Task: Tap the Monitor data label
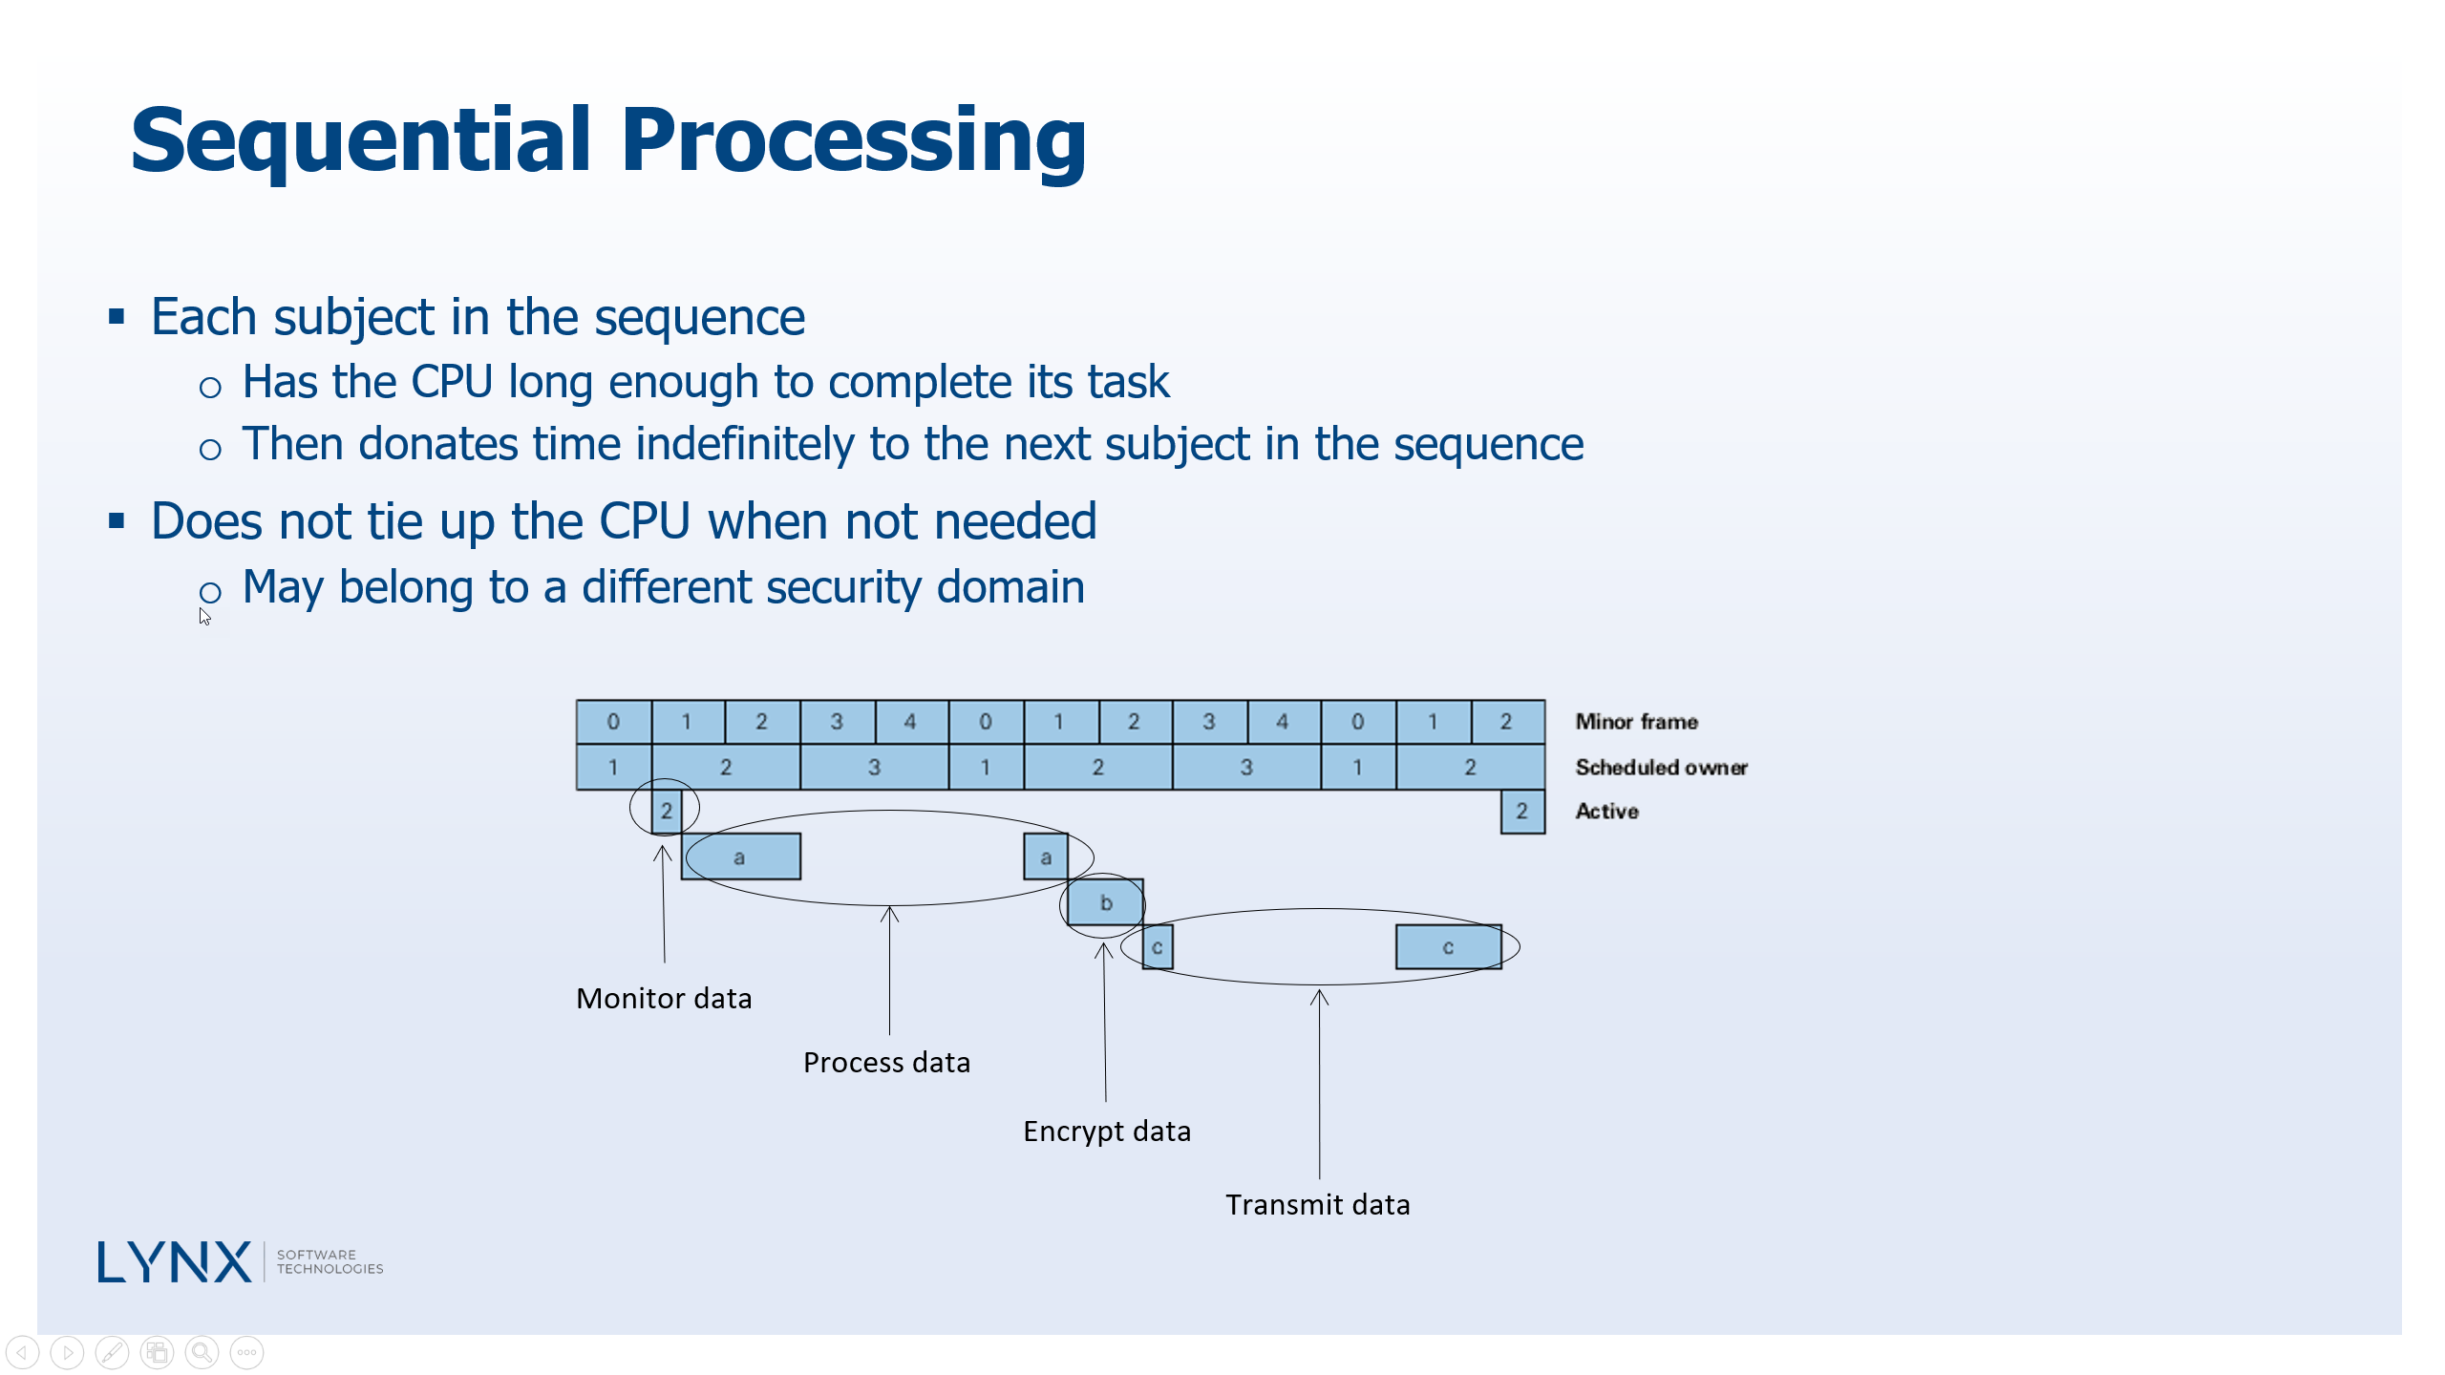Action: click(664, 999)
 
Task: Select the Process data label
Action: click(886, 1063)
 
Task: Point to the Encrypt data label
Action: click(1107, 1132)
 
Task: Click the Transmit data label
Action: click(1317, 1205)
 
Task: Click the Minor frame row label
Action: click(1636, 722)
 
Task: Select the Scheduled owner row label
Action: click(1661, 768)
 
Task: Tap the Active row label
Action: click(1606, 812)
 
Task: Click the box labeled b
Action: click(1105, 902)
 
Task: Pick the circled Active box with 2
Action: click(666, 811)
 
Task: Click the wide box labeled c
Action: click(1448, 947)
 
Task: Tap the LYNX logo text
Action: click(175, 1262)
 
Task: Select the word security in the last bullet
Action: click(843, 587)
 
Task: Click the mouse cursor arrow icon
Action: click(204, 617)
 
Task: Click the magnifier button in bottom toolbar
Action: click(202, 1352)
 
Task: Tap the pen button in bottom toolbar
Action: click(112, 1352)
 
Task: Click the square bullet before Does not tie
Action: click(117, 521)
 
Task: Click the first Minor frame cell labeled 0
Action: click(613, 722)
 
